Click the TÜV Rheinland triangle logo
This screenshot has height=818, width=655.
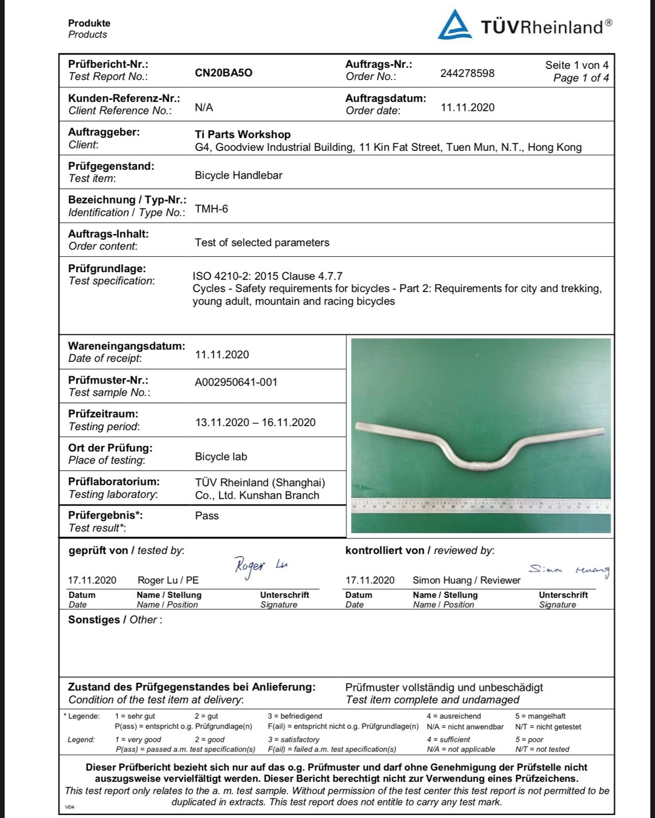tap(455, 25)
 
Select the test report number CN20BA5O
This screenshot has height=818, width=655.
tap(223, 73)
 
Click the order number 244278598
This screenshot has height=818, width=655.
tap(467, 73)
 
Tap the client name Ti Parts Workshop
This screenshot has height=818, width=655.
tap(243, 135)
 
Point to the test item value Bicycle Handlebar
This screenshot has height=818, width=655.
tap(238, 175)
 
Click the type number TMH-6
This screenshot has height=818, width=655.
tap(211, 209)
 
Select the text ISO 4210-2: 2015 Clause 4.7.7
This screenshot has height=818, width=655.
tap(267, 276)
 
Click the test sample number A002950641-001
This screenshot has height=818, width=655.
tap(236, 382)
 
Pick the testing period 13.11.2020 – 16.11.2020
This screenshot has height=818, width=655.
tap(255, 422)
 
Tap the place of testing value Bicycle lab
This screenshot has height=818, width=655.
tap(221, 457)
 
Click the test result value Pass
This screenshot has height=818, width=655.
tap(207, 516)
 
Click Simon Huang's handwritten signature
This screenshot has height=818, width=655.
tap(569, 570)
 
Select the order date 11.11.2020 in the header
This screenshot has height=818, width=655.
tap(468, 108)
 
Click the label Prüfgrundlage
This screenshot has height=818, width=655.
tap(107, 268)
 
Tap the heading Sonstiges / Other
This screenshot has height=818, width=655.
tap(114, 620)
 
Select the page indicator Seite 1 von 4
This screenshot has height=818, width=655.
tap(577, 65)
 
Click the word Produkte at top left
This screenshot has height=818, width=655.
tap(89, 23)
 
